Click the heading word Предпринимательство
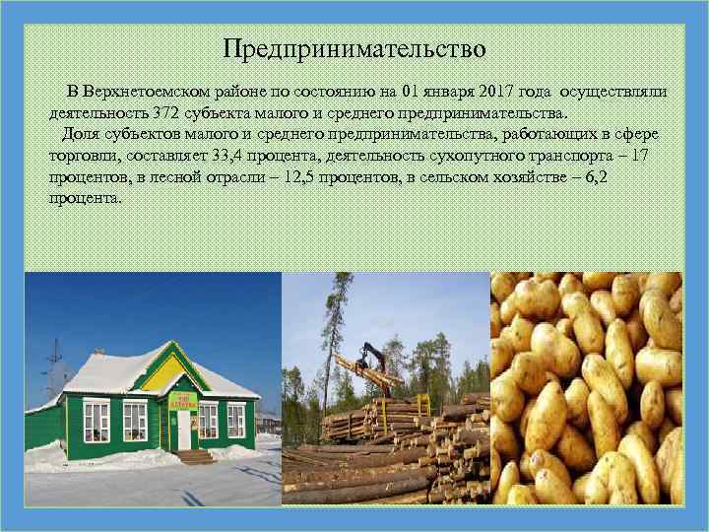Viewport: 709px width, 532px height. (354, 47)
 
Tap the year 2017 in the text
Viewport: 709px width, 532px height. (501, 92)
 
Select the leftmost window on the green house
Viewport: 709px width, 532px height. (96, 421)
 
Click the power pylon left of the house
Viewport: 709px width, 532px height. (54, 369)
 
